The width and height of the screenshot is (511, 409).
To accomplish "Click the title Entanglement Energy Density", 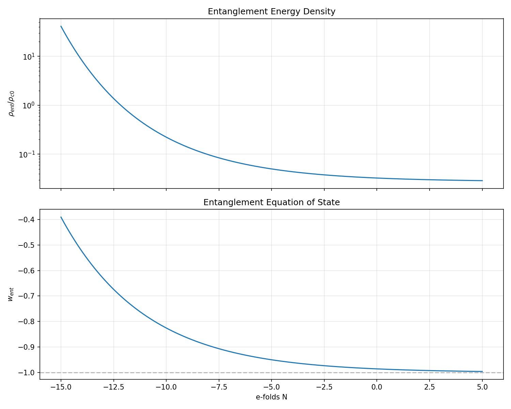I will [272, 12].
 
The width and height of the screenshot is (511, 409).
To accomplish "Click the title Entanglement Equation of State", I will [272, 202].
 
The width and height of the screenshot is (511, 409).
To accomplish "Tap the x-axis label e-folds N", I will [272, 397].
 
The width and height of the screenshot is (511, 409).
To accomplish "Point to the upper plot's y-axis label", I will [12, 103].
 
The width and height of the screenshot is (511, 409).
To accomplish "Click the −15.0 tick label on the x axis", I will [61, 387].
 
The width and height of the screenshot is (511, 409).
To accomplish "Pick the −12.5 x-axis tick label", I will [113, 387].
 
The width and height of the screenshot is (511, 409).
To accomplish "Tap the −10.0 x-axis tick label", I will [166, 387].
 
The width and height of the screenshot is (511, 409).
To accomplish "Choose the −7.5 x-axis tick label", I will [219, 387].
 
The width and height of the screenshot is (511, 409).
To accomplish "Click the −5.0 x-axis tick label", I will [271, 387].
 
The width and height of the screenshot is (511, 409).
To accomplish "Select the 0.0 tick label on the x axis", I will [377, 387].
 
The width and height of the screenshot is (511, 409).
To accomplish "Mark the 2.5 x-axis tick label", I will [429, 387].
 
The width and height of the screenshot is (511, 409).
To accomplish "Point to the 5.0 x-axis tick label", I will [482, 387].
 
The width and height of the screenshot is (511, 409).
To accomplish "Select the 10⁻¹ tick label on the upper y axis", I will [29, 154].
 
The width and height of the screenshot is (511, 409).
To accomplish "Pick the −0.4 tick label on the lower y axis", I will [28, 219].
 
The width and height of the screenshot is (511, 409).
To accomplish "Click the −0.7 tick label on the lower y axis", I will [28, 296].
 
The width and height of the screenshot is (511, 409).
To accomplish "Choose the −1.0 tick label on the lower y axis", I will [28, 373].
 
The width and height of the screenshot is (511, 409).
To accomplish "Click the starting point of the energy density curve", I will [61, 26].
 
